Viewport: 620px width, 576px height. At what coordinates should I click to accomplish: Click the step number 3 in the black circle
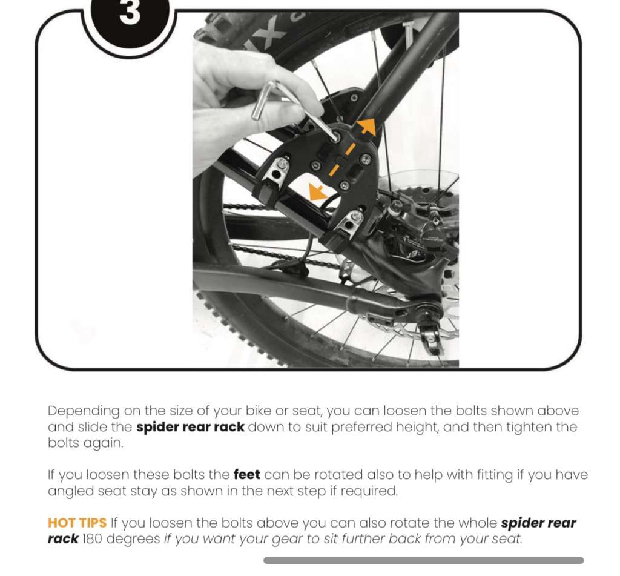(130, 12)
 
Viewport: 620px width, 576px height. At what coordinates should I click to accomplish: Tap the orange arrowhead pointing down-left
(317, 191)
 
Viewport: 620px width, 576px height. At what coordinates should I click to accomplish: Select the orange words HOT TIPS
(77, 523)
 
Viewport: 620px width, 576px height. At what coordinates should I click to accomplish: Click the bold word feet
(247, 474)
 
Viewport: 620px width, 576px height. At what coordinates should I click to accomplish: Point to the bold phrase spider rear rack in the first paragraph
(190, 427)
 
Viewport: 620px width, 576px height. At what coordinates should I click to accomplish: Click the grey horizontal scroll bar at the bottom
(423, 560)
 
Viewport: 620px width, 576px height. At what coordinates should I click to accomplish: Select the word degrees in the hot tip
(133, 539)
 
